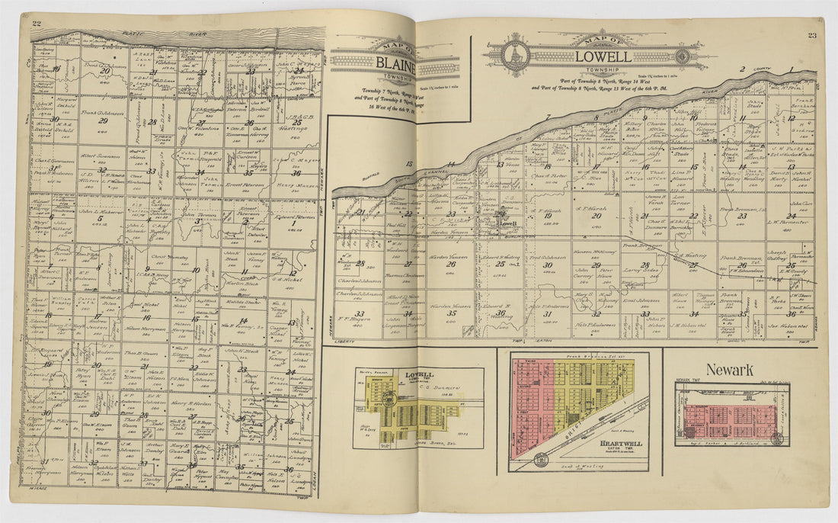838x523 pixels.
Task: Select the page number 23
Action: [x=812, y=35]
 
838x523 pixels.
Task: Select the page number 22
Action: [x=37, y=23]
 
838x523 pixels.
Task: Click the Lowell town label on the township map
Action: [x=507, y=223]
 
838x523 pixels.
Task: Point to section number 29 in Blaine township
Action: [x=103, y=120]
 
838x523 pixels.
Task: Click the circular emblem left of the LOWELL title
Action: [x=516, y=55]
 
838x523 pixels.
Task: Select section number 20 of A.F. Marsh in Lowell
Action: [x=596, y=216]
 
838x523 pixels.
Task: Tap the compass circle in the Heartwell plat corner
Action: [x=540, y=459]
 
